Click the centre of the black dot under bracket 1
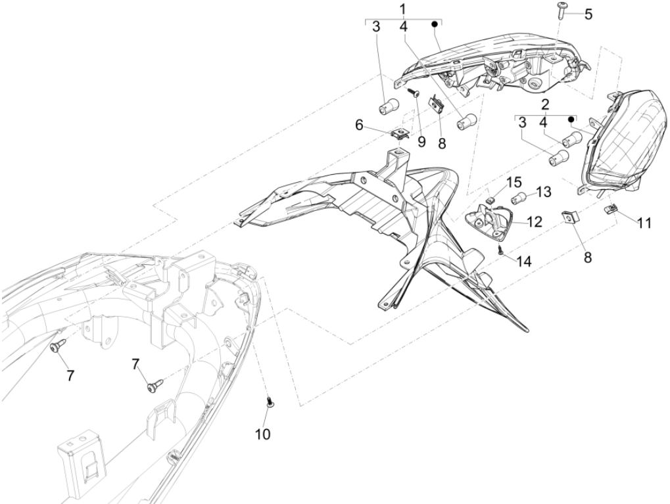[435, 24]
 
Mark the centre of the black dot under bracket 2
[570, 120]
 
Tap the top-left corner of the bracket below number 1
[366, 20]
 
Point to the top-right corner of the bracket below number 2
[577, 116]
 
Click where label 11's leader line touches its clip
[617, 210]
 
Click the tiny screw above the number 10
[270, 402]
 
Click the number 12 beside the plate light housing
[534, 221]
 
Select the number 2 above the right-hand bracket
[545, 104]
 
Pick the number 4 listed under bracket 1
[404, 27]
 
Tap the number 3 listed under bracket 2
[522, 123]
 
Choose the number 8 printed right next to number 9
[442, 144]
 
